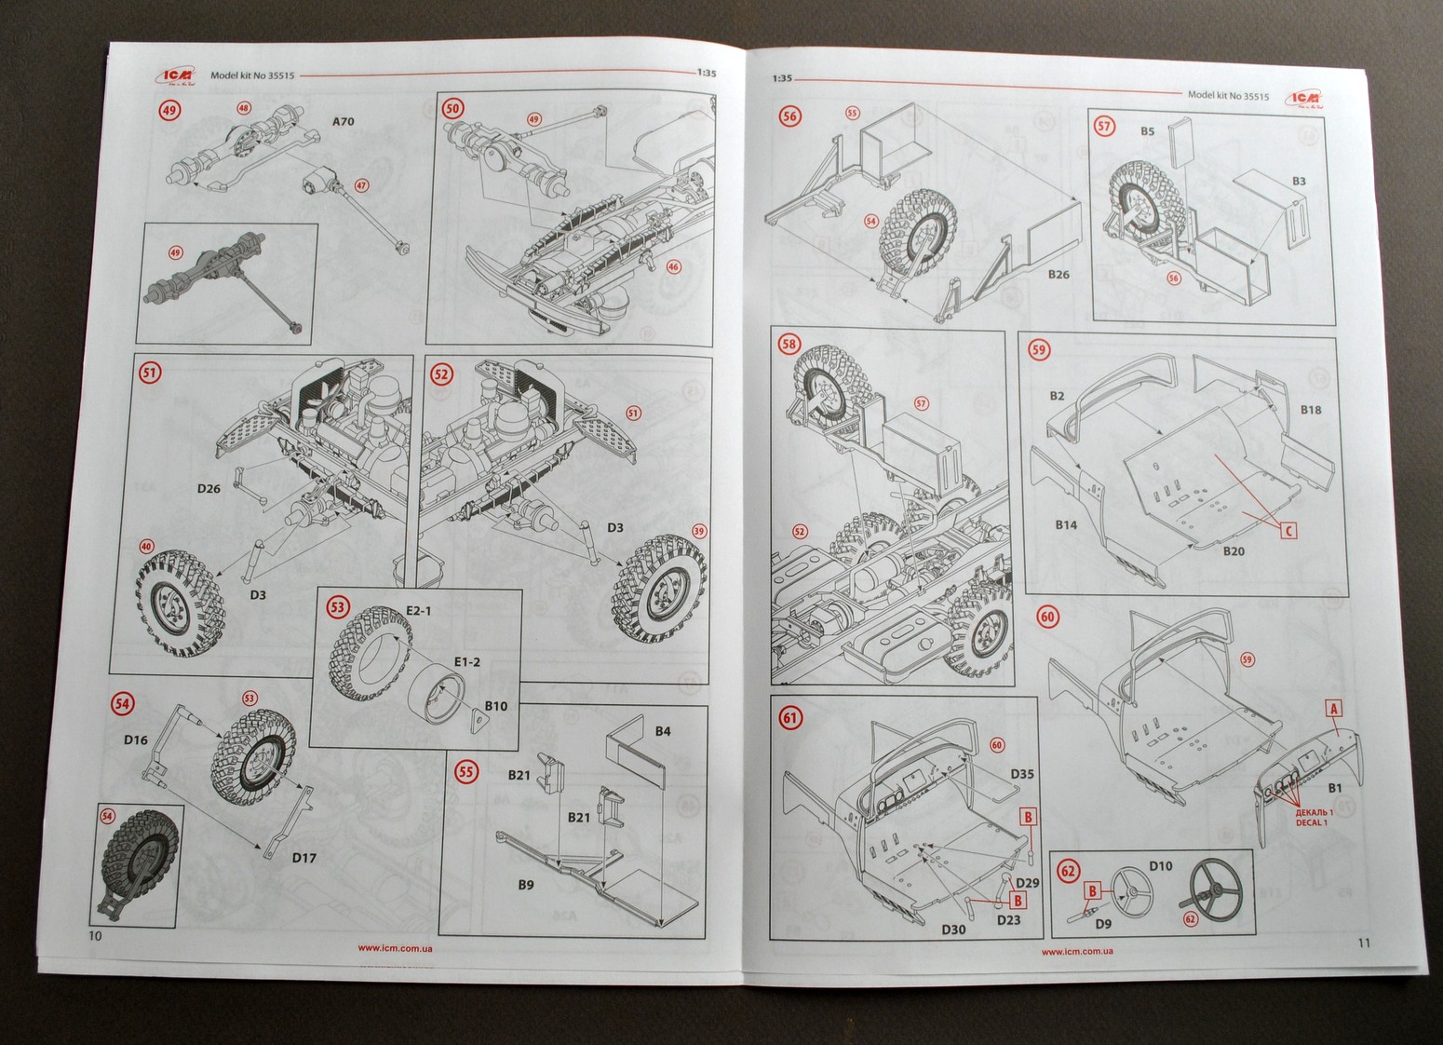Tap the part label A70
[344, 122]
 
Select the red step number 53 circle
[337, 607]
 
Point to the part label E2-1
[418, 610]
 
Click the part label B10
[495, 706]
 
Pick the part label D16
[136, 740]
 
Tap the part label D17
[304, 858]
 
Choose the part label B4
[662, 731]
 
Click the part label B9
[526, 885]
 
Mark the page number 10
[94, 936]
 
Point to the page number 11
[1364, 943]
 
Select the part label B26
[1059, 275]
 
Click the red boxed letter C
[1288, 530]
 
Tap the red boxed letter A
[1333, 709]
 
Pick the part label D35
[1022, 774]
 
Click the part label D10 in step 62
[1160, 865]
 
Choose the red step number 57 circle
[1104, 126]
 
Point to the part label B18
[1311, 410]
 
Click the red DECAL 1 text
[1314, 823]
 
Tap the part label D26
[209, 488]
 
